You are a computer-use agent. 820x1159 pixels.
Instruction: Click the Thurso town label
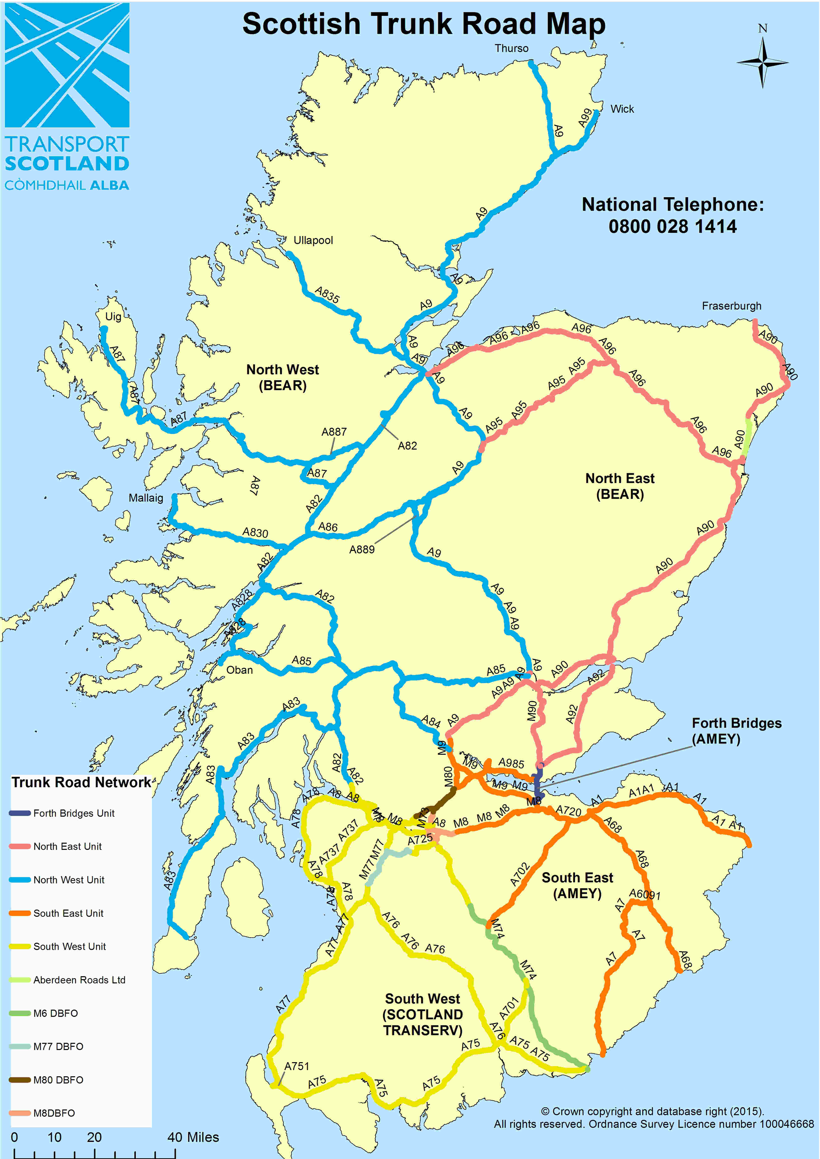point(511,49)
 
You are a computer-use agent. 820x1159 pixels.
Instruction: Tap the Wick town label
point(622,109)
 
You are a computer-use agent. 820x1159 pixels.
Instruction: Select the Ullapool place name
point(313,240)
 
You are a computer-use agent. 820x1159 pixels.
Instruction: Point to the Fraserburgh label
point(731,306)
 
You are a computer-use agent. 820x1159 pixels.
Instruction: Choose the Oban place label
point(239,670)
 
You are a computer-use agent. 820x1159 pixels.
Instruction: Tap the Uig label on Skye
point(113,317)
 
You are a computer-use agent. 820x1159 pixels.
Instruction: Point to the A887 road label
point(334,431)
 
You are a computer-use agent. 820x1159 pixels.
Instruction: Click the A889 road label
point(362,549)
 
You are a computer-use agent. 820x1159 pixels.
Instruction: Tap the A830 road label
point(255,533)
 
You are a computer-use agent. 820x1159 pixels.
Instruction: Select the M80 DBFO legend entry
point(58,1080)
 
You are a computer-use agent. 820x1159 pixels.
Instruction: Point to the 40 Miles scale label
point(193,1137)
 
